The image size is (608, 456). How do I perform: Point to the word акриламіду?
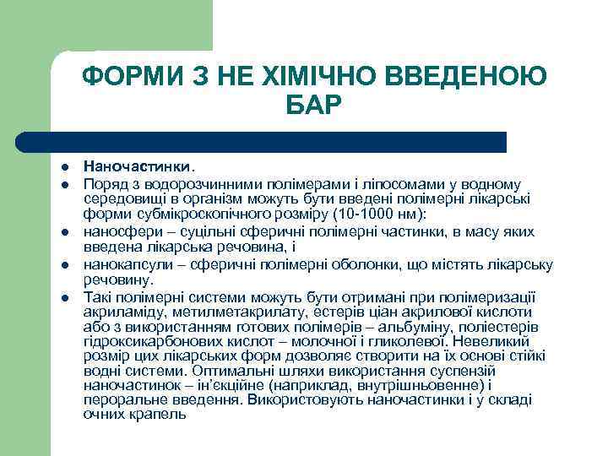[120, 312]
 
